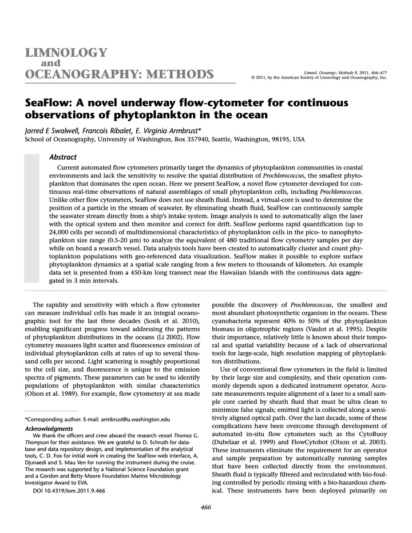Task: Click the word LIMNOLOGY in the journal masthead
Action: (x=66, y=53)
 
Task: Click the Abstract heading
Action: (x=64, y=156)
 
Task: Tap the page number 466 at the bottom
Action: (x=206, y=507)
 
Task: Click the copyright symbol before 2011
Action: (x=246, y=77)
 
